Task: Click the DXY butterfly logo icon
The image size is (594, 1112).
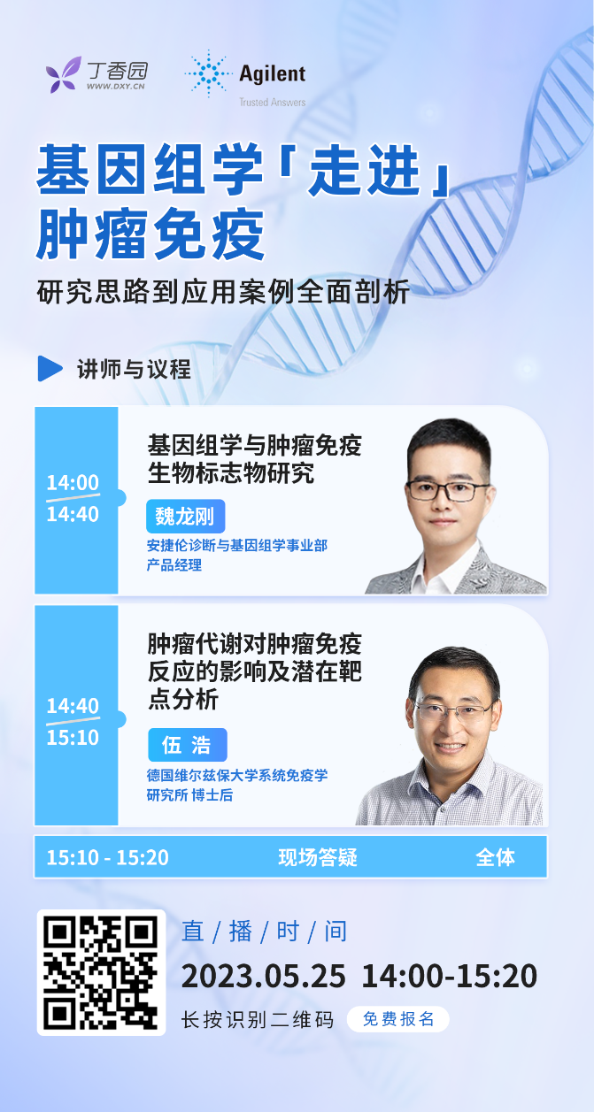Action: pyautogui.click(x=63, y=74)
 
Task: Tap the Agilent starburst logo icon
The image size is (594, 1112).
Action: pyautogui.click(x=209, y=73)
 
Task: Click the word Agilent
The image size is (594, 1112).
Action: pyautogui.click(x=272, y=74)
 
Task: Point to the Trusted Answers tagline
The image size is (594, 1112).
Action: pyautogui.click(x=272, y=103)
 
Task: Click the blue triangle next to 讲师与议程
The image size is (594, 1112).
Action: pyautogui.click(x=50, y=368)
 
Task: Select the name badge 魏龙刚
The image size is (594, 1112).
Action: pyautogui.click(x=185, y=517)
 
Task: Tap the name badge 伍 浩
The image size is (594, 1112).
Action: pyautogui.click(x=188, y=745)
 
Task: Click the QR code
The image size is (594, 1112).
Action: pyautogui.click(x=101, y=972)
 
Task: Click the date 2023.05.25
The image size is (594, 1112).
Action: pyautogui.click(x=263, y=976)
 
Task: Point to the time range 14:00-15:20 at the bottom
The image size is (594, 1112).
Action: pyautogui.click(x=449, y=976)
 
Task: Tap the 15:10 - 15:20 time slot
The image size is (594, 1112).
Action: pyautogui.click(x=108, y=857)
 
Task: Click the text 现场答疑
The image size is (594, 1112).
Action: pyautogui.click(x=318, y=857)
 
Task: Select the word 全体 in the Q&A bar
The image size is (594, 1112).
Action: pyautogui.click(x=495, y=857)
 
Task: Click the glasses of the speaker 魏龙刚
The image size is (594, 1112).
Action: pyautogui.click(x=448, y=491)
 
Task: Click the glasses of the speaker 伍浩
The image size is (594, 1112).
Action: pyautogui.click(x=453, y=713)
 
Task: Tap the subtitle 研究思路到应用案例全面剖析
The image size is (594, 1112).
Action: pyautogui.click(x=223, y=291)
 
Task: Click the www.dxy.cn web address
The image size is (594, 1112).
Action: pyautogui.click(x=116, y=87)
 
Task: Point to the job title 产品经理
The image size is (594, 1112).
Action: pyautogui.click(x=174, y=565)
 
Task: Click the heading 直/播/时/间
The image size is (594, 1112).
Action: pyautogui.click(x=264, y=932)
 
